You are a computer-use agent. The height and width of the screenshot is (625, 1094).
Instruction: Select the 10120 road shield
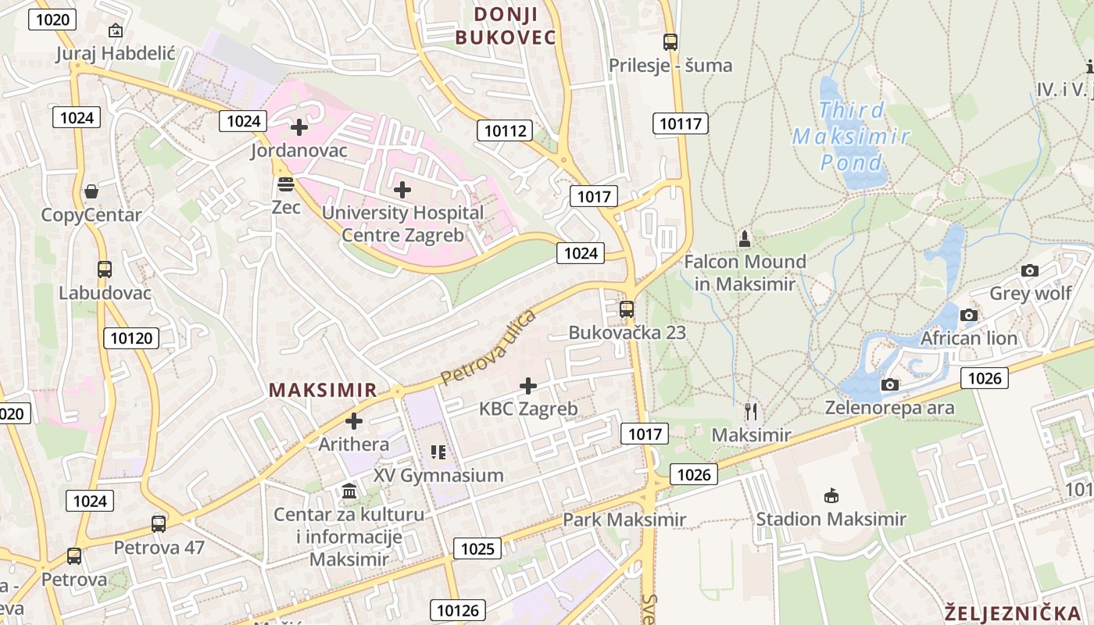point(130,337)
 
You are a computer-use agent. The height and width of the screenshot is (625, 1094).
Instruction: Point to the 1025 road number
point(477,548)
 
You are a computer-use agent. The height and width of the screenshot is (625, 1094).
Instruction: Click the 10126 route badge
point(460,610)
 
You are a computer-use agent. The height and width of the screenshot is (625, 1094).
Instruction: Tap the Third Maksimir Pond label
point(852,137)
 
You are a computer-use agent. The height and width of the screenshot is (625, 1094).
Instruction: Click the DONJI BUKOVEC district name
point(506,26)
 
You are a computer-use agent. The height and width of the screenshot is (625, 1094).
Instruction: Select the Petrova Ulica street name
point(488,347)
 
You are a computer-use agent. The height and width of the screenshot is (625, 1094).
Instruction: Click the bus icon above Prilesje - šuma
point(670,42)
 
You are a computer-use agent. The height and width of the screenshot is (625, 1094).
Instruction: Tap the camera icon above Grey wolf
point(1030,271)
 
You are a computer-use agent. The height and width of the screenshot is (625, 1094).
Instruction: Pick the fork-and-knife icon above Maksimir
point(752,412)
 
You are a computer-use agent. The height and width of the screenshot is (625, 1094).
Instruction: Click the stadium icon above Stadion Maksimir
point(831,495)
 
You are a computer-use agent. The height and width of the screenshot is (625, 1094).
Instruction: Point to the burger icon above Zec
point(286,184)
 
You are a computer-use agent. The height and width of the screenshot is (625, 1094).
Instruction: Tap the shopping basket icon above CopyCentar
point(91,191)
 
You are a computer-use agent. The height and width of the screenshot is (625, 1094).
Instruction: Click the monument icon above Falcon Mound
point(745,237)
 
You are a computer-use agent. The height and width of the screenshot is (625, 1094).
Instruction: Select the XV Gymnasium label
point(438,475)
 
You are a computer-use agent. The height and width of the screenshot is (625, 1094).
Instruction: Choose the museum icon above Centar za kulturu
point(349,491)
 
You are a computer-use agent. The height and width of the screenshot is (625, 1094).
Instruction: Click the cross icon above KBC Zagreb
point(528,385)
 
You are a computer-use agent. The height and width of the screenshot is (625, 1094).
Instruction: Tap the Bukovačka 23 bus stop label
point(627,332)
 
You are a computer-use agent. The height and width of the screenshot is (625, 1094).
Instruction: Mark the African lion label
point(969,338)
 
